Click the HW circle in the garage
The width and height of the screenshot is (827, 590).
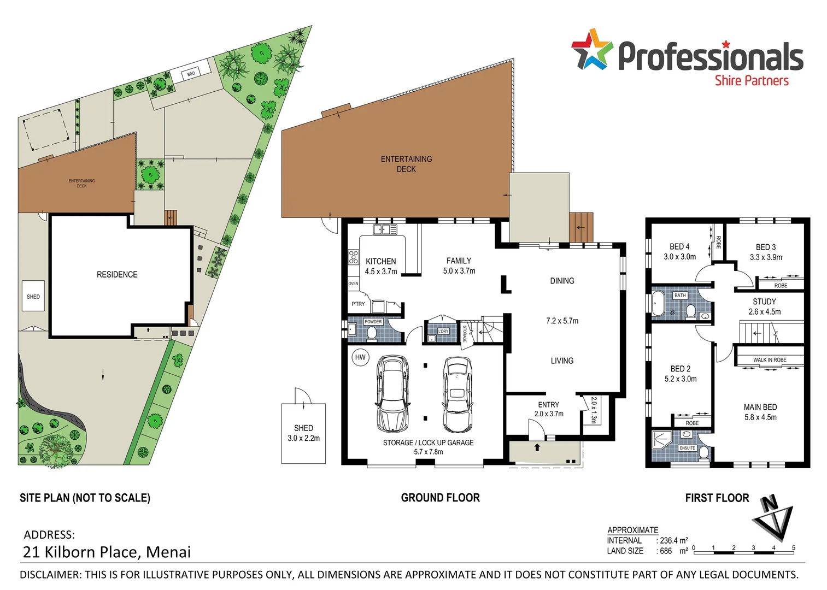tap(360, 357)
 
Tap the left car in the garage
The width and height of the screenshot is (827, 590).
tap(392, 394)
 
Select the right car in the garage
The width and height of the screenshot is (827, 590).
tap(457, 394)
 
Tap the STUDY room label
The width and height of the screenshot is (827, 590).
tap(764, 302)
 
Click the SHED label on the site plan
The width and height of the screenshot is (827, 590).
tap(33, 297)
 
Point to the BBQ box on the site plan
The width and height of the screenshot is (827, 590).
tap(191, 74)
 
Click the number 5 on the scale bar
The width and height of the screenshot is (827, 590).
tap(793, 547)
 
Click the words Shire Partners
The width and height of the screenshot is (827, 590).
tap(752, 81)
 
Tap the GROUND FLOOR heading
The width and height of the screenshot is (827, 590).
tap(440, 498)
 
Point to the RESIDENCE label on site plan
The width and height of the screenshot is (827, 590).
tap(117, 274)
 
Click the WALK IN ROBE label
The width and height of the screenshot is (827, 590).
tap(770, 359)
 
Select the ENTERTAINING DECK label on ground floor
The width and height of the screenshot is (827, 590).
tap(406, 164)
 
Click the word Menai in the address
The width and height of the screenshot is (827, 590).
tap(169, 552)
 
